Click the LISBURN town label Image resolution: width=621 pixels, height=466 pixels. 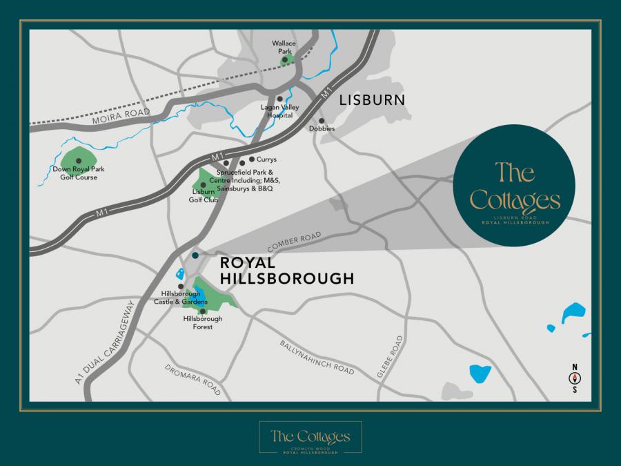coord(371,100)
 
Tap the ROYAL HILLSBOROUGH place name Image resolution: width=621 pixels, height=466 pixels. coord(286,271)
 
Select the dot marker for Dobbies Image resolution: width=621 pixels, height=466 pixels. coord(322,120)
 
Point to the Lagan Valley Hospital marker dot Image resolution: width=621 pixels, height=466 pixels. coord(280,99)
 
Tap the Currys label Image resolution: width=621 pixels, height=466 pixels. coord(266,159)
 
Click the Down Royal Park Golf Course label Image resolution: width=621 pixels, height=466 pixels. coord(75,173)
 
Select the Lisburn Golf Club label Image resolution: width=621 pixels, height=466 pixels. coord(204,195)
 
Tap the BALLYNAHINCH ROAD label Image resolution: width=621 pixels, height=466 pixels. coord(317,358)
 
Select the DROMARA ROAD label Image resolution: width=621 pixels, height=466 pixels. coord(193,380)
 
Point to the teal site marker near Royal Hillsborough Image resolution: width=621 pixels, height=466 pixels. coord(195,255)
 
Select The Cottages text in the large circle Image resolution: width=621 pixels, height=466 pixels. coord(515,186)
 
